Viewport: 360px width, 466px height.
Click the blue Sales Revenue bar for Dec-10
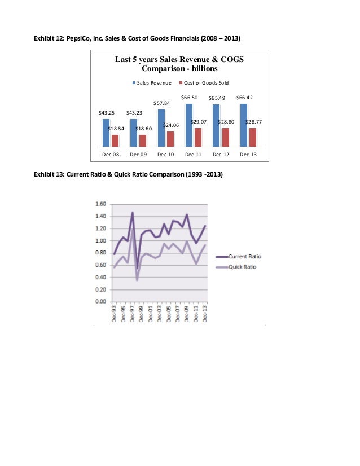point(161,127)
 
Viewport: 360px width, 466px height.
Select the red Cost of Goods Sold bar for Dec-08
point(115,140)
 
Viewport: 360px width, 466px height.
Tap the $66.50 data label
point(189,98)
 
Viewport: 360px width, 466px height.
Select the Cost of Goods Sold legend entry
point(204,82)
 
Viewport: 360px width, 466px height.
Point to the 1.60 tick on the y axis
point(100,204)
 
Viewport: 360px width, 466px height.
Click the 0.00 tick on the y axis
point(100,301)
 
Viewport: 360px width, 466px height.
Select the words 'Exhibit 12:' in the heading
point(51,38)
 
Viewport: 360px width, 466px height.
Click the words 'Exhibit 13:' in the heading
point(51,174)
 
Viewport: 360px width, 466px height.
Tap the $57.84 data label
point(162,103)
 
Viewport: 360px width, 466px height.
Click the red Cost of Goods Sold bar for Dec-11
point(198,137)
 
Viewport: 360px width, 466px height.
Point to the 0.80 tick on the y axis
point(100,253)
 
